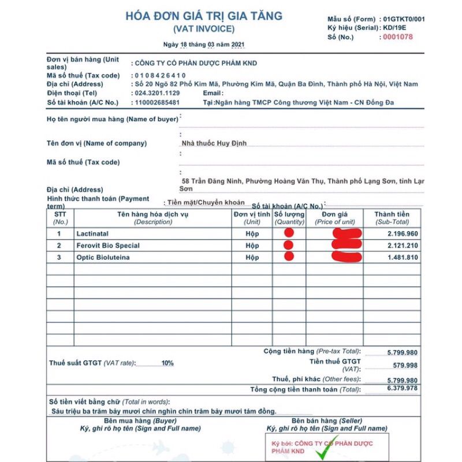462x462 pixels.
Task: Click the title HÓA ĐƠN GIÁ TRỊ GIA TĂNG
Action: click(204, 16)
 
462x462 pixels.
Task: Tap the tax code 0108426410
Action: click(160, 75)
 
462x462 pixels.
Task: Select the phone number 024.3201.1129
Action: click(157, 93)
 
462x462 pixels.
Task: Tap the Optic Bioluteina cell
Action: click(103, 257)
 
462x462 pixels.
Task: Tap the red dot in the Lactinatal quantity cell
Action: click(289, 233)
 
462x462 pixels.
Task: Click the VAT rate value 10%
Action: click(167, 363)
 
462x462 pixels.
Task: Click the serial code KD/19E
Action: click(394, 28)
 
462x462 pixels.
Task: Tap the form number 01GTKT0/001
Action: click(404, 18)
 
